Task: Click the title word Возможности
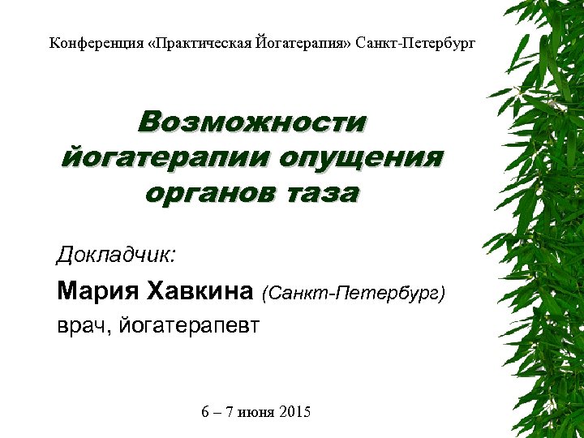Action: (251, 122)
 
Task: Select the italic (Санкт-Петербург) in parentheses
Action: (354, 291)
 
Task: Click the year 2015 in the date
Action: (294, 413)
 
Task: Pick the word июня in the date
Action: (255, 413)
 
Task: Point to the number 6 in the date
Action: (205, 413)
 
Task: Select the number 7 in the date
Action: (230, 413)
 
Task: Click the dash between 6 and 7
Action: (217, 413)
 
